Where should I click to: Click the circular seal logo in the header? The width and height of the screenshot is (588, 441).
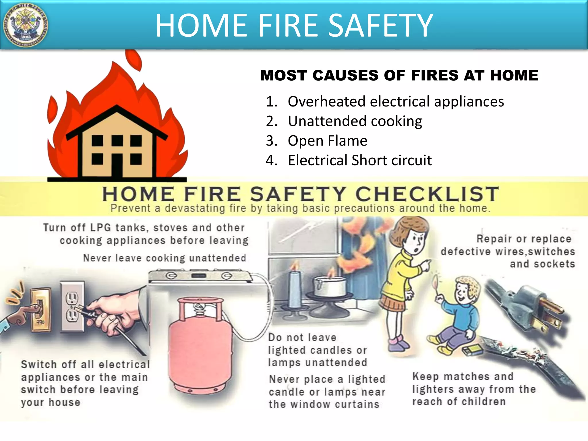(x=25, y=25)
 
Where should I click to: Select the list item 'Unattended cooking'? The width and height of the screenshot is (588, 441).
(x=355, y=121)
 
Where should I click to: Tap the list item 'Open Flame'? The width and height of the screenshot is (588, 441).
(x=327, y=141)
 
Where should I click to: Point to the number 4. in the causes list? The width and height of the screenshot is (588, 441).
(x=271, y=160)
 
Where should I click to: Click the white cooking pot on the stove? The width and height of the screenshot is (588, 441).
(x=330, y=286)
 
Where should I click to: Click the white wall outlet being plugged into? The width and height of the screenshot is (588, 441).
(x=72, y=307)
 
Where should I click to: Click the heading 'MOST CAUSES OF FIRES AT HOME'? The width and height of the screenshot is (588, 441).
(x=399, y=76)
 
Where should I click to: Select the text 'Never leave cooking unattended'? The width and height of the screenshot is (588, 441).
(x=165, y=258)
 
